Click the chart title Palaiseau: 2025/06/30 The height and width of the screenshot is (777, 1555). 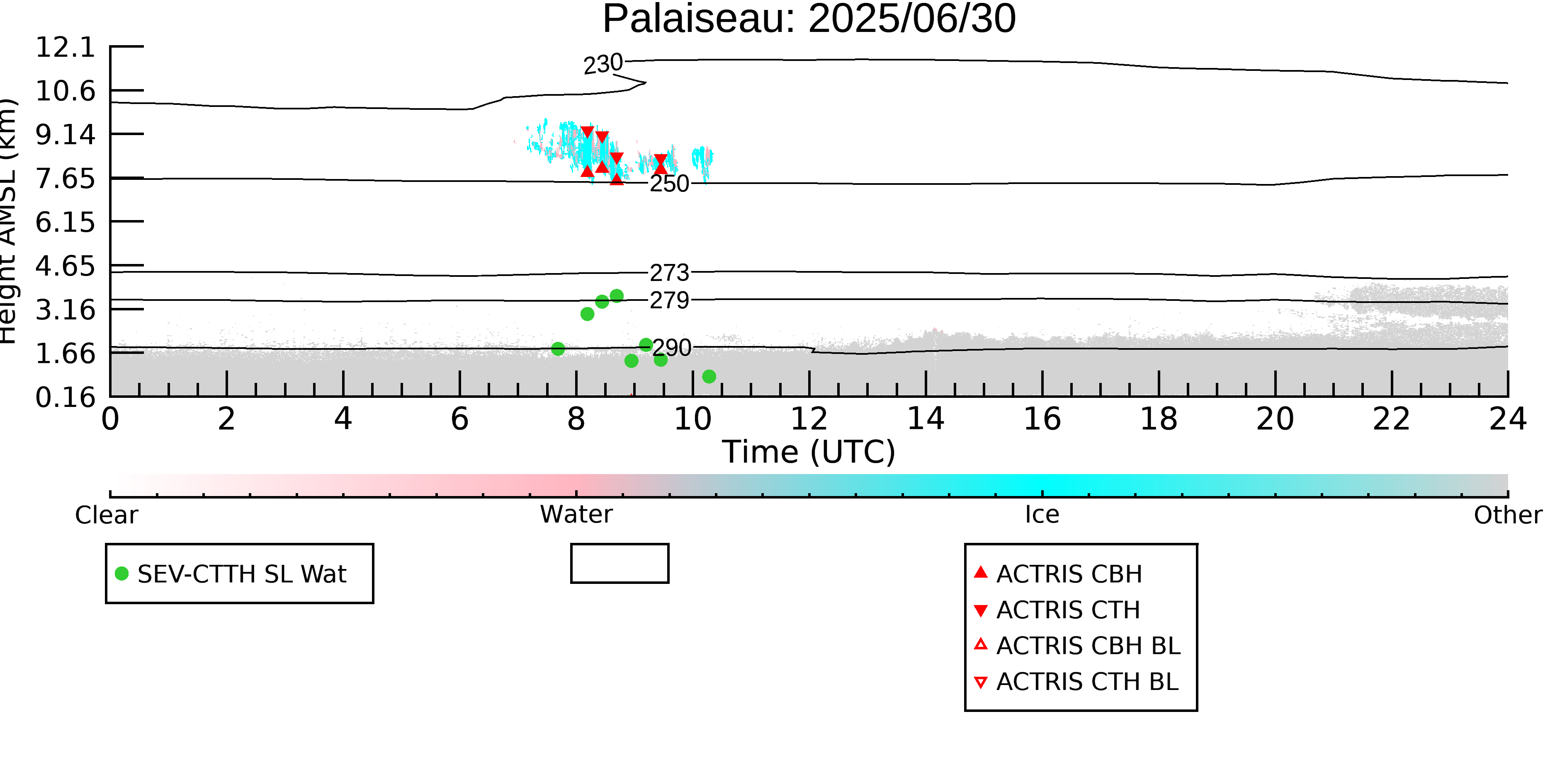(809, 19)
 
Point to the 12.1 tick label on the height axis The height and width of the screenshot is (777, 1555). (65, 47)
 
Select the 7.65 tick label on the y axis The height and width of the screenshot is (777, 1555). (65, 179)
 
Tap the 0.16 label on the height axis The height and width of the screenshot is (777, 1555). (65, 397)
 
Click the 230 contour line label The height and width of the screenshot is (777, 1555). (603, 64)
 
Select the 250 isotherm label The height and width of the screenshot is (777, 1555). (669, 184)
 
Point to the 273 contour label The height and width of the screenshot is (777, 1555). (669, 273)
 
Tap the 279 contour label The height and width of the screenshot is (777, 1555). (669, 300)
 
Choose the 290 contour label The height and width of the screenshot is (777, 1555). (672, 348)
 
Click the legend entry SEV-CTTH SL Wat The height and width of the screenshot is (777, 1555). (231, 574)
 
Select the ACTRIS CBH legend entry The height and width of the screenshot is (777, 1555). (1057, 574)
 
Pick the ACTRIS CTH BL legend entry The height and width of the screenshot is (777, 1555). (1076, 682)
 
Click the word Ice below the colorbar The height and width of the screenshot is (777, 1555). (1042, 515)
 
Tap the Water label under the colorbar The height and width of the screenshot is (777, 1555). (576, 515)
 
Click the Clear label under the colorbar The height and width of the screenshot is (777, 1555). (107, 515)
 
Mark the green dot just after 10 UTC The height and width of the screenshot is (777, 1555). (709, 376)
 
